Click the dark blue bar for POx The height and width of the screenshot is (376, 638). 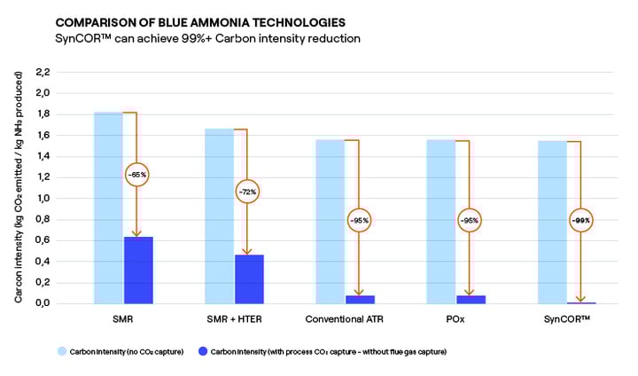[471, 299]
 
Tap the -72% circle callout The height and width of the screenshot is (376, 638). [247, 191]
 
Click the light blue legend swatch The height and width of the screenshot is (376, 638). [63, 351]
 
